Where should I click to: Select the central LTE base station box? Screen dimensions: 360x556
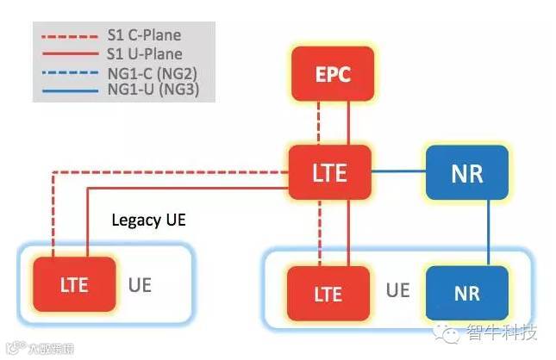pyautogui.click(x=329, y=171)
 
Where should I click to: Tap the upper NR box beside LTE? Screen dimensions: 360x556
pyautogui.click(x=466, y=171)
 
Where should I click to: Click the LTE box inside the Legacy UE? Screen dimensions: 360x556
pyautogui.click(x=74, y=285)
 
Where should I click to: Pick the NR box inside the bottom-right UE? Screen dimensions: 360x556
pyautogui.click(x=466, y=293)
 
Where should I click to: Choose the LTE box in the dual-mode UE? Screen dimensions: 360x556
pyautogui.click(x=329, y=293)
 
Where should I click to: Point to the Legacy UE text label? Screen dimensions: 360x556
pyautogui.click(x=148, y=220)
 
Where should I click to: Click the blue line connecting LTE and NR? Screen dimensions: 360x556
pyautogui.click(x=399, y=171)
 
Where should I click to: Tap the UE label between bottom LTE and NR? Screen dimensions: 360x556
pyautogui.click(x=397, y=290)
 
